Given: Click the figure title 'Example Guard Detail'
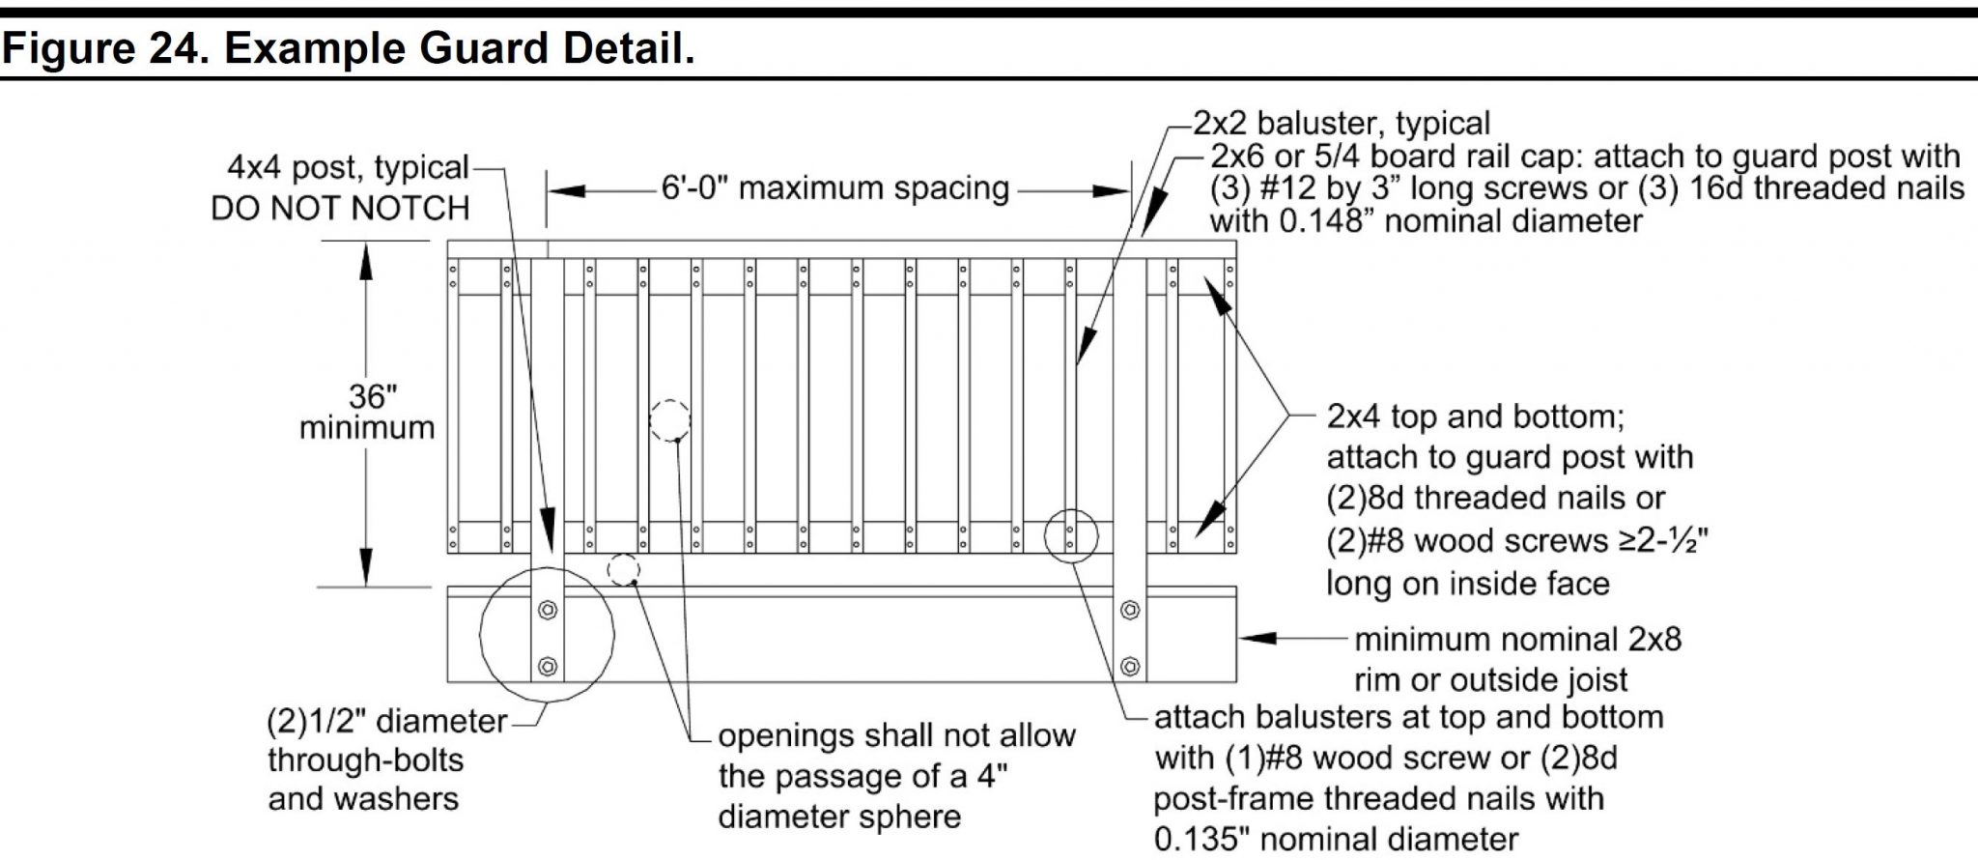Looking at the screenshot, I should [x=459, y=47].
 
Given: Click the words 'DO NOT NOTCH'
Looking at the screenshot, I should [x=340, y=208].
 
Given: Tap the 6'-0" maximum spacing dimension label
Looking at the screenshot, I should [x=834, y=187].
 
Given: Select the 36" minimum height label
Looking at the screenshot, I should [x=367, y=412].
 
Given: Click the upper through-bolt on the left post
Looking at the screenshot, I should [x=548, y=611].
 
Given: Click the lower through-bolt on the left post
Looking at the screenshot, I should [x=548, y=666].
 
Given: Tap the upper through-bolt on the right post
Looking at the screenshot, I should [x=1129, y=611].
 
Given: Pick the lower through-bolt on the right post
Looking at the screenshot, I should [x=1129, y=666].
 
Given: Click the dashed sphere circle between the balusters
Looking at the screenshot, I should [x=669, y=421].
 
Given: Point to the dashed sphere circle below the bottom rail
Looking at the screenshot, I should [x=624, y=569].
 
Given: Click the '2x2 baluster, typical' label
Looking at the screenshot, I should [x=1342, y=124].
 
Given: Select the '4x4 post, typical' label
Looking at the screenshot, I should [x=348, y=167].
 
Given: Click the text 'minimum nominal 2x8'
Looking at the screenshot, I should [x=1517, y=639].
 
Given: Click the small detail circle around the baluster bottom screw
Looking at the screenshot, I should [x=1071, y=534].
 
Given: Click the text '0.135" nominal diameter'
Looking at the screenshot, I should [x=1336, y=838].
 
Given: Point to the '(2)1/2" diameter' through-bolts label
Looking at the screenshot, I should [x=386, y=721].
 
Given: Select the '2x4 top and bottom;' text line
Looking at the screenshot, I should [x=1476, y=416].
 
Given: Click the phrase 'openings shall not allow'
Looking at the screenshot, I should [x=896, y=735].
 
